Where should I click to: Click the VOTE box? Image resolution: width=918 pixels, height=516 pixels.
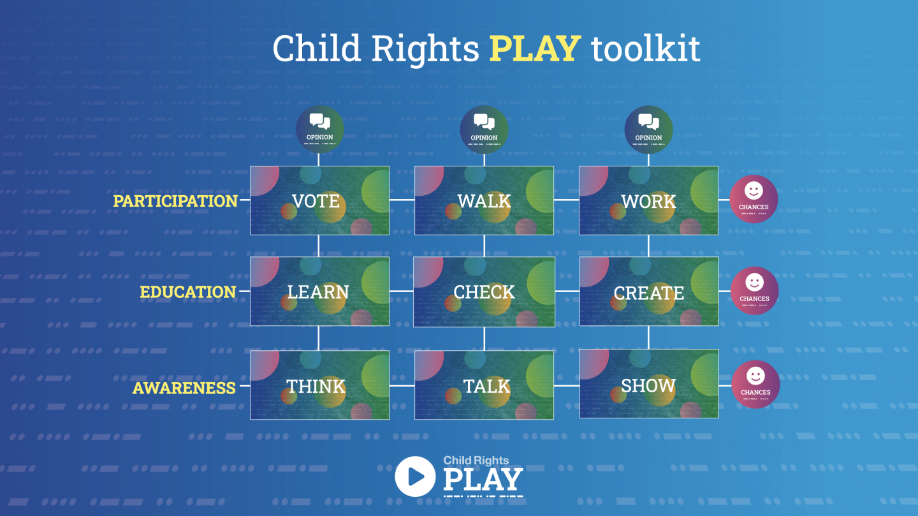[319, 200]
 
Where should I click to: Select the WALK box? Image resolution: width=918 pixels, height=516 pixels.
[484, 200]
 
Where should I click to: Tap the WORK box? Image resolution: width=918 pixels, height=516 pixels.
[648, 200]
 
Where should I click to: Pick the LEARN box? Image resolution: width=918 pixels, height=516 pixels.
[319, 291]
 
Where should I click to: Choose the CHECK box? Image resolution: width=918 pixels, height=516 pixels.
[484, 291]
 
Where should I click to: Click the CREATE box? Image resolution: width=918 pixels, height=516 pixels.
[649, 291]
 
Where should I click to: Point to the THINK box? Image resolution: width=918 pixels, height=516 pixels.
[319, 385]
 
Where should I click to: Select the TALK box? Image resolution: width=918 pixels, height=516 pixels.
[484, 385]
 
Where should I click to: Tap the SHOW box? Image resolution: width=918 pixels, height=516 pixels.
[649, 384]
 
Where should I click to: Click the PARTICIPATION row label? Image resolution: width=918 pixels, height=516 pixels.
[175, 201]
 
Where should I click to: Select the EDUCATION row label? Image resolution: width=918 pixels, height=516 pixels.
[188, 292]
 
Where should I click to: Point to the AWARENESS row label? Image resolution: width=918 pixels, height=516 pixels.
[184, 388]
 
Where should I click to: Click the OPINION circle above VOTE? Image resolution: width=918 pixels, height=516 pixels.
[319, 129]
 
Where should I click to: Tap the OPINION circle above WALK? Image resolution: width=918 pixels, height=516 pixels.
[484, 129]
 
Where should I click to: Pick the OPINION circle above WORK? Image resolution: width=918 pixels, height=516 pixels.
[648, 129]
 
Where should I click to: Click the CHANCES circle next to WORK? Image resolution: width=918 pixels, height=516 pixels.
[754, 200]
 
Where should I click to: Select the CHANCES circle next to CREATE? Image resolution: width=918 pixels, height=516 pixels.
[755, 291]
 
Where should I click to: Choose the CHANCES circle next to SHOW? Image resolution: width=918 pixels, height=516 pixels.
[755, 385]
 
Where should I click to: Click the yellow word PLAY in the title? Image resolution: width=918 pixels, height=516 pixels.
[535, 48]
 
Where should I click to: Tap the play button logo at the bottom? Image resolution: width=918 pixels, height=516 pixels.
[415, 476]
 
